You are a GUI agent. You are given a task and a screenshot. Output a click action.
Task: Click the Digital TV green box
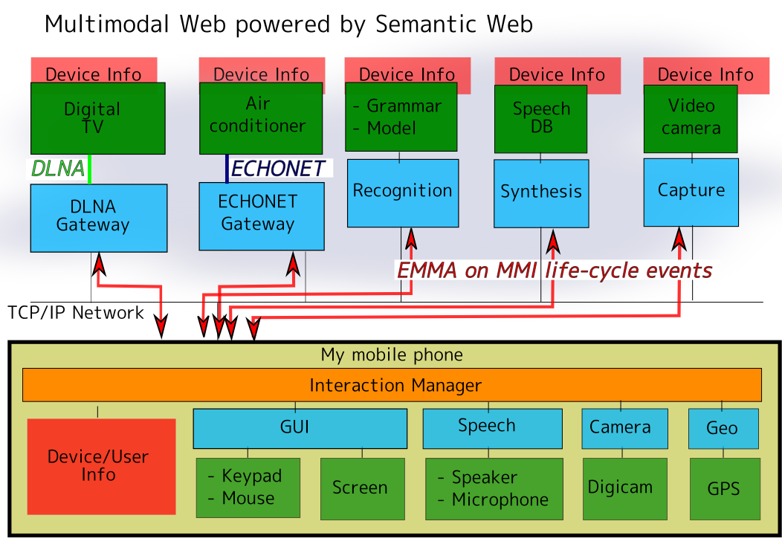tap(92, 118)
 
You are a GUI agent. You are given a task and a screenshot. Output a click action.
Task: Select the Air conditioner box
tap(260, 118)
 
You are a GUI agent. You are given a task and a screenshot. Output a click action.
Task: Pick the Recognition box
tap(402, 193)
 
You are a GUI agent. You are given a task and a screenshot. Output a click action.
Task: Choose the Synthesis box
tap(540, 193)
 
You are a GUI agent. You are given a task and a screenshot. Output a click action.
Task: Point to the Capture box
tap(691, 192)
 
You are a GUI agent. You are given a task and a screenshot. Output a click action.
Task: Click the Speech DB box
tap(540, 118)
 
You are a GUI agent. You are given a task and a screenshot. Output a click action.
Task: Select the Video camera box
tap(690, 118)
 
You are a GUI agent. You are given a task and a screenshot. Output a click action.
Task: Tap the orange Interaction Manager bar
tap(392, 385)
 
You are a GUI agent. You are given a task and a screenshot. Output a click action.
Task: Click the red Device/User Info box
tap(101, 466)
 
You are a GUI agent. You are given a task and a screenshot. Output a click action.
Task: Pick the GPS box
tap(724, 488)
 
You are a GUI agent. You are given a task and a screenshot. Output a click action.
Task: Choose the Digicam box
tap(620, 488)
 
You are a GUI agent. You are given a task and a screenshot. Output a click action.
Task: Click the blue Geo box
tap(723, 429)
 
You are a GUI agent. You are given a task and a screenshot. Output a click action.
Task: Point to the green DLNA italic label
tap(57, 169)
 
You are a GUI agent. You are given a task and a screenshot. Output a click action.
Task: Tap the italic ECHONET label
tap(277, 169)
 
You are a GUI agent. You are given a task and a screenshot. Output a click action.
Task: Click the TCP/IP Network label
tap(76, 313)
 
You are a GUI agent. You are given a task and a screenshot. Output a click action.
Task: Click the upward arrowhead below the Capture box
tap(679, 238)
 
